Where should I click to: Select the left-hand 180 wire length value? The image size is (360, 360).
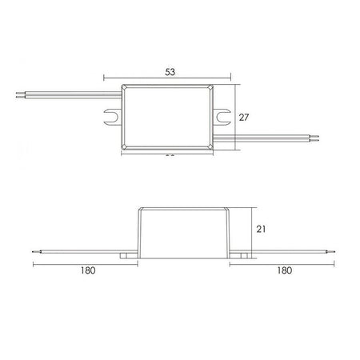click(89, 270)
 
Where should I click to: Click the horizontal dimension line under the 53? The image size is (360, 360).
click(168, 79)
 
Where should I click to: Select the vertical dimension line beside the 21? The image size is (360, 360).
click(250, 230)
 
